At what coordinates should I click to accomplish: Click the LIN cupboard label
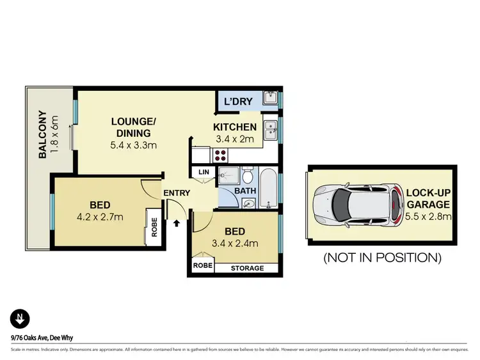pyautogui.click(x=204, y=172)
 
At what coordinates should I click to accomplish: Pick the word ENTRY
pyautogui.click(x=176, y=193)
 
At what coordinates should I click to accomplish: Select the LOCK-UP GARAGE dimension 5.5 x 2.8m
pyautogui.click(x=429, y=217)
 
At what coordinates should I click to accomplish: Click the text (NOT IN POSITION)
pyautogui.click(x=382, y=258)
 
